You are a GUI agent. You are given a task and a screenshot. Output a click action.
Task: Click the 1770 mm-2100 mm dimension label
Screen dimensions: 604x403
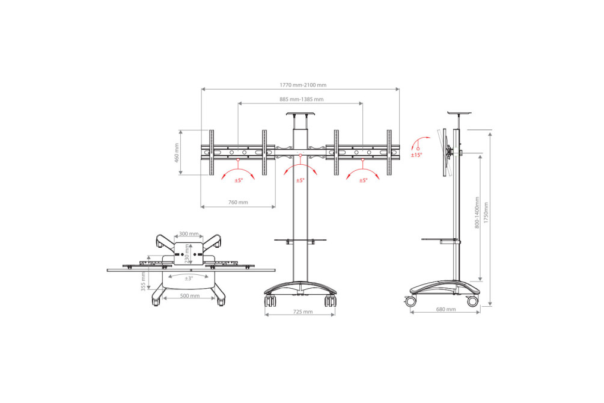click(303, 85)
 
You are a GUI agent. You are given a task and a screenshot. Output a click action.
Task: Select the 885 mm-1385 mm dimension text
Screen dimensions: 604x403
click(301, 99)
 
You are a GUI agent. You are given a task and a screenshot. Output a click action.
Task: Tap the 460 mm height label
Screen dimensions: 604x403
click(177, 153)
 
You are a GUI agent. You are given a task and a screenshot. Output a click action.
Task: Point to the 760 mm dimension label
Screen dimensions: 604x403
click(238, 202)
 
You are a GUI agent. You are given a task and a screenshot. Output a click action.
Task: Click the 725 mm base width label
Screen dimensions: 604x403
click(303, 312)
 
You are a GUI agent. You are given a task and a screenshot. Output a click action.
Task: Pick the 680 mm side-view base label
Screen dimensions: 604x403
click(446, 309)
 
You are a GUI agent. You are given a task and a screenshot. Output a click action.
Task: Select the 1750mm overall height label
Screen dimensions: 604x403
click(486, 212)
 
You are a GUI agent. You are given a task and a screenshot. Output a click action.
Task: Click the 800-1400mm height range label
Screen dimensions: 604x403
click(477, 212)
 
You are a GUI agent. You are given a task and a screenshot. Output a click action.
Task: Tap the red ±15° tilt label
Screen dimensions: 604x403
click(416, 155)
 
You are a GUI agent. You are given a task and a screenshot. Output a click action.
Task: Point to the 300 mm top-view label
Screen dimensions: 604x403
click(189, 234)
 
